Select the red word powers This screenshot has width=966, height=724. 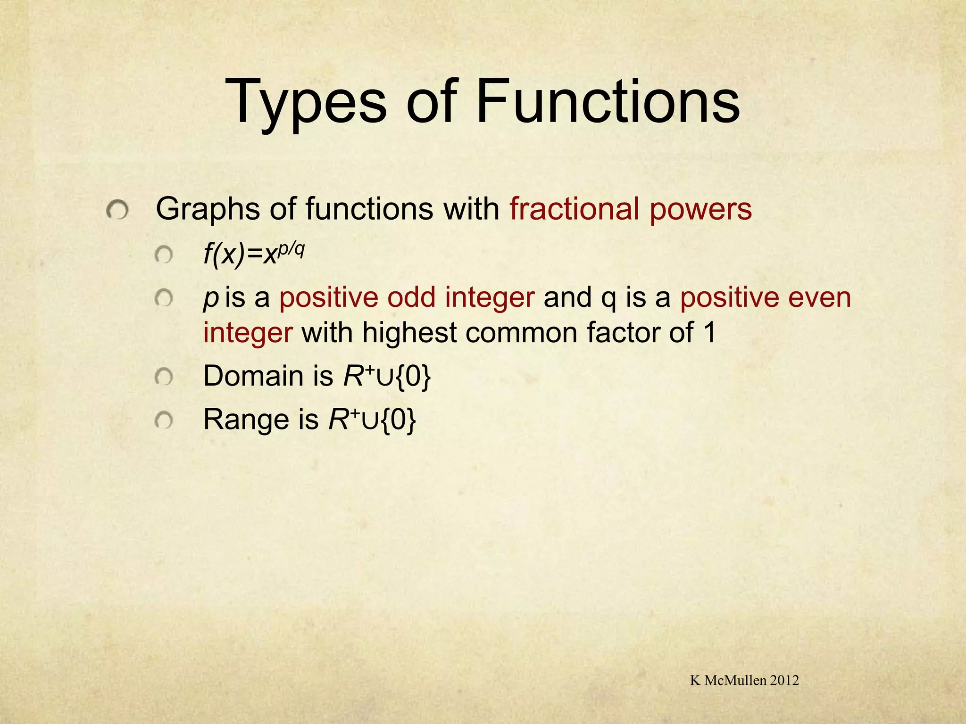pos(700,210)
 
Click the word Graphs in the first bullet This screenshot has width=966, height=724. pos(207,210)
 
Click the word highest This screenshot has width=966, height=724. pos(409,333)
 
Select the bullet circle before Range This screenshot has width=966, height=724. pos(164,420)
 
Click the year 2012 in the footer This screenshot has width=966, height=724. pos(784,680)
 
